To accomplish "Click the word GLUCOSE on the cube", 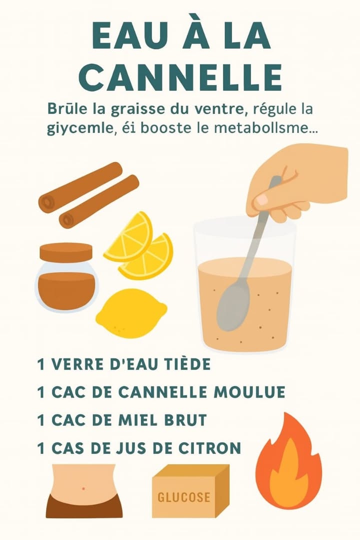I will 184,497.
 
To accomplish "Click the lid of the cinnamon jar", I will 66,252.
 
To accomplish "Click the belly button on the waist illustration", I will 83,488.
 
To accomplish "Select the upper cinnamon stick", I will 80,186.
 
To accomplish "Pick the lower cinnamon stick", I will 99,201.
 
